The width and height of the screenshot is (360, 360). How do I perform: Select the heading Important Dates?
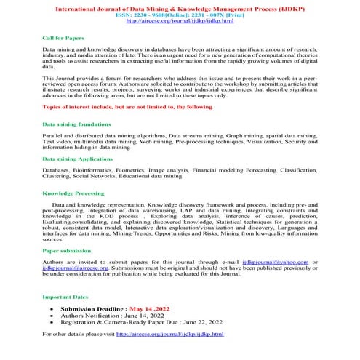[66, 297]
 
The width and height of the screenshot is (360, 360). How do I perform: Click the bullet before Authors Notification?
[52, 316]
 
